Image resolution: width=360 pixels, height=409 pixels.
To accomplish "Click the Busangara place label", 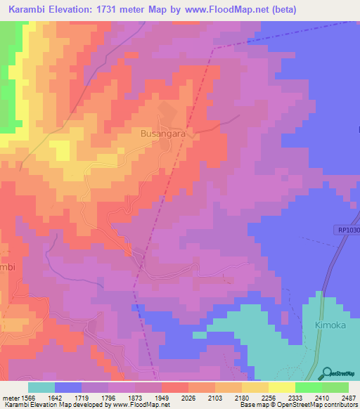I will pyautogui.click(x=164, y=132).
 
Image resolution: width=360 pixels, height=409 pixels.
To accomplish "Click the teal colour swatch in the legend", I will pyautogui.click(x=41, y=387).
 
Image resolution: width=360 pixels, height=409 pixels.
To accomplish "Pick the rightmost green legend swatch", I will pyautogui.click(x=335, y=387).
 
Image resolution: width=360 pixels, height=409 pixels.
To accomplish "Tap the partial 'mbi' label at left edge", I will pyautogui.click(x=7, y=268).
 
